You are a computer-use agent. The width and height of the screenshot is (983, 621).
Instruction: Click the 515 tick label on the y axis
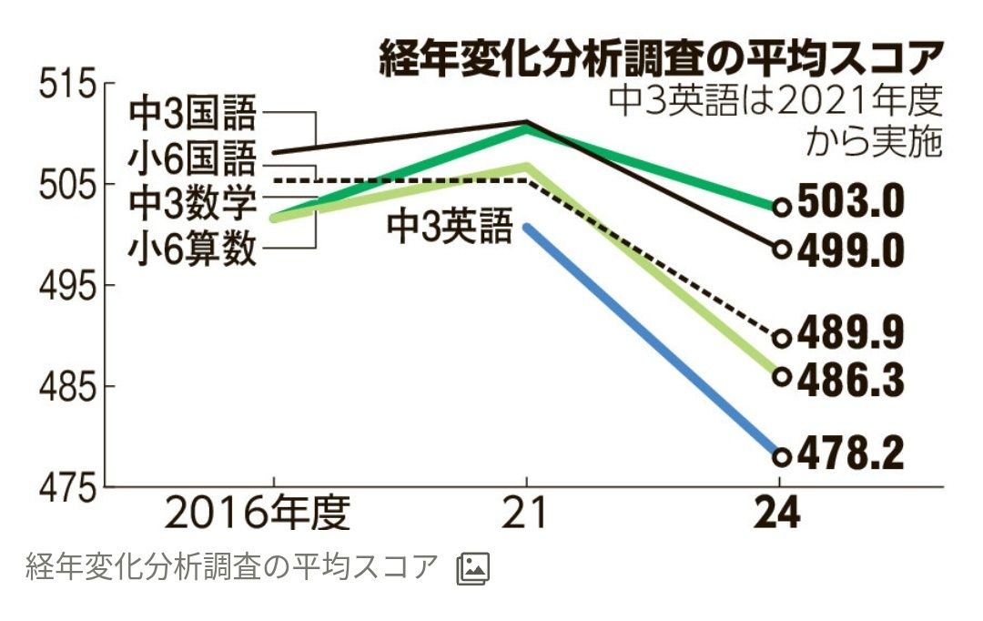(66, 87)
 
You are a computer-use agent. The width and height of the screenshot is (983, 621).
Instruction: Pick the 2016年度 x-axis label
(258, 514)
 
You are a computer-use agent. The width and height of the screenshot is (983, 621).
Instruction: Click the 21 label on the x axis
(527, 514)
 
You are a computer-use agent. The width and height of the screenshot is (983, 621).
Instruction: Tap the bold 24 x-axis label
(779, 514)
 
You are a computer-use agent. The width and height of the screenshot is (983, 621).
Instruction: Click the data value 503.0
(851, 204)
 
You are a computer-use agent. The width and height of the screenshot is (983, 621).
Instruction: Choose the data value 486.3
(851, 380)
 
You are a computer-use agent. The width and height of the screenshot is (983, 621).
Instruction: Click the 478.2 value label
(851, 454)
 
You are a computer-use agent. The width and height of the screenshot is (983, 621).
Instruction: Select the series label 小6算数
(193, 248)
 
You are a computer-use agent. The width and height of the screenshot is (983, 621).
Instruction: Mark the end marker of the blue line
(781, 456)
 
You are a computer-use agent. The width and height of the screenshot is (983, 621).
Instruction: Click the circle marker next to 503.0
(781, 207)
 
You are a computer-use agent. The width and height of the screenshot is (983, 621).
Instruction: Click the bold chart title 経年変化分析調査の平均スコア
(661, 60)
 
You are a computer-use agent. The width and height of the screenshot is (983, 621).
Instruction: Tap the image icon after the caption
(472, 568)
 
